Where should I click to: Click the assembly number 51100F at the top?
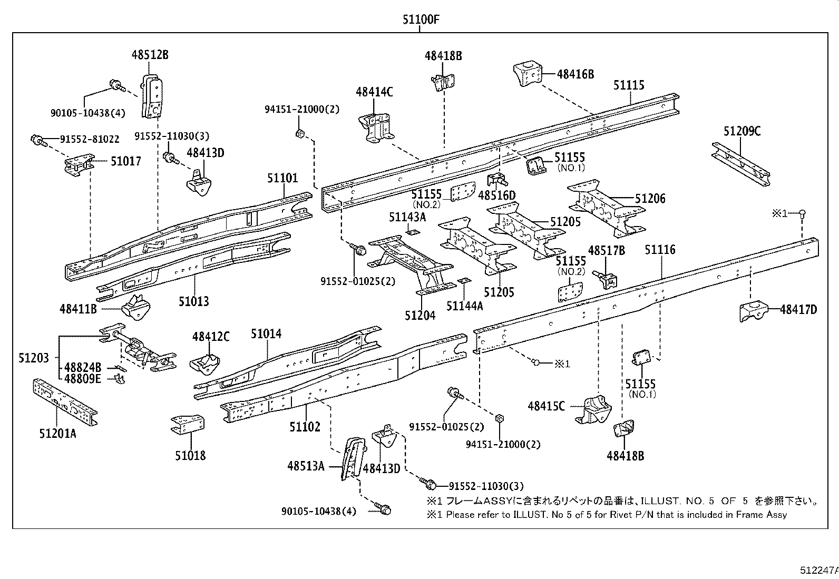(x=421, y=20)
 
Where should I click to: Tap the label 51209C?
(x=742, y=131)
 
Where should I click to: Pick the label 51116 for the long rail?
(x=660, y=250)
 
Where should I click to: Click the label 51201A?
(x=57, y=433)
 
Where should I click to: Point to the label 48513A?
(x=306, y=466)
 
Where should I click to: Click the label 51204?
(x=420, y=315)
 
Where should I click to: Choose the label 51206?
(x=650, y=199)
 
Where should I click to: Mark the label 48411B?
(x=78, y=309)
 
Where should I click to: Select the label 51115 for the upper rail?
(x=629, y=85)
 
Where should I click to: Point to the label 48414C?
(x=374, y=92)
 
